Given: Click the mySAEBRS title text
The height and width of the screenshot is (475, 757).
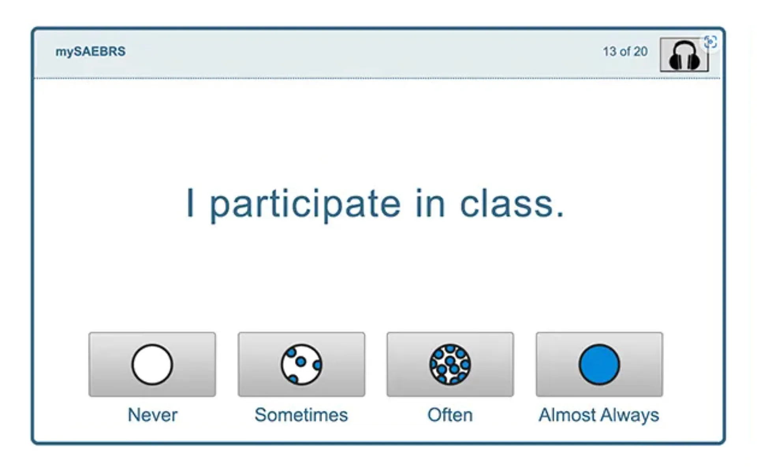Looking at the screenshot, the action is click(90, 52).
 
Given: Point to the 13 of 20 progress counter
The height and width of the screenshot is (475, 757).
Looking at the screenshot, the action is click(625, 52).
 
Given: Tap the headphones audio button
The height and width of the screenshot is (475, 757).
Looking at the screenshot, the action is click(684, 55).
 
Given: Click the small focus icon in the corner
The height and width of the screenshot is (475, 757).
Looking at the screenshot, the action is click(710, 42).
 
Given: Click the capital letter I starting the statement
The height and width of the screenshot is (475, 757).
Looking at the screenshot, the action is click(190, 202).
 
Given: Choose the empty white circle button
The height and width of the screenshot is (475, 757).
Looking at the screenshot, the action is click(152, 364).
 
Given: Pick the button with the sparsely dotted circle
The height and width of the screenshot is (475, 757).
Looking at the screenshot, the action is click(301, 364).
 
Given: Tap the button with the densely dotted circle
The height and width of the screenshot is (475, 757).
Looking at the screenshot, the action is click(450, 364).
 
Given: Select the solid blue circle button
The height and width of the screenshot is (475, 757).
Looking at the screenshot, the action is click(599, 364).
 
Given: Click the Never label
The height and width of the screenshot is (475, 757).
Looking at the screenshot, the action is click(153, 415).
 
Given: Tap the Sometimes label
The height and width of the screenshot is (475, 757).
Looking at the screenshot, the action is click(301, 415).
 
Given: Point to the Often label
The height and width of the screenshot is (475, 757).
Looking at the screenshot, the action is click(450, 415).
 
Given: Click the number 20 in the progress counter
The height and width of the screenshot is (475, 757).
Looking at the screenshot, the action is click(641, 52).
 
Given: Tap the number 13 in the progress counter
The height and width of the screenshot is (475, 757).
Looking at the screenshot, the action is click(610, 52).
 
